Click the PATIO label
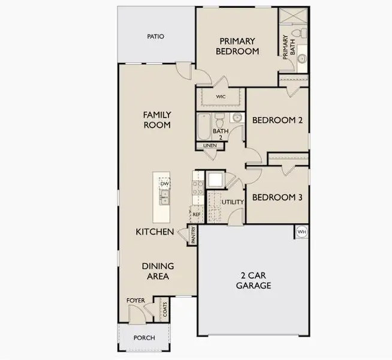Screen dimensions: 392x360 [x=155, y=37]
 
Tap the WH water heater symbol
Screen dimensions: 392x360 [x=301, y=232]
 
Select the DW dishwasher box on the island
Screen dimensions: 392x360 [x=164, y=184]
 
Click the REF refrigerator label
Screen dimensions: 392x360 [x=197, y=214]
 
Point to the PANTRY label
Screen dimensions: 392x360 [x=193, y=235]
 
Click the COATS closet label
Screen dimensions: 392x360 [x=165, y=310]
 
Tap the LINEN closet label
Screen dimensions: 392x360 [x=210, y=145]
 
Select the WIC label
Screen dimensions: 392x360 [x=221, y=97]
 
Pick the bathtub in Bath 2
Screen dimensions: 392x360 [x=204, y=127]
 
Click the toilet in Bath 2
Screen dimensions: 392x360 [x=219, y=119]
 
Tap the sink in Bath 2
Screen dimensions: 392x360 [x=237, y=117]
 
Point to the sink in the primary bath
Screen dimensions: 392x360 [x=302, y=59]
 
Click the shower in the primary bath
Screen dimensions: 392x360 [x=293, y=16]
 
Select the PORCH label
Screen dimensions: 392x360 [x=144, y=338]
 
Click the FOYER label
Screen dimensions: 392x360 [x=135, y=301]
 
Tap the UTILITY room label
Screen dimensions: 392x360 [x=233, y=202]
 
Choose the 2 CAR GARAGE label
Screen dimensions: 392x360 [x=254, y=280]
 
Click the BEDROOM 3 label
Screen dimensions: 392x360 [x=278, y=197]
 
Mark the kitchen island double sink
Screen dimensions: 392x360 [x=165, y=197]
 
